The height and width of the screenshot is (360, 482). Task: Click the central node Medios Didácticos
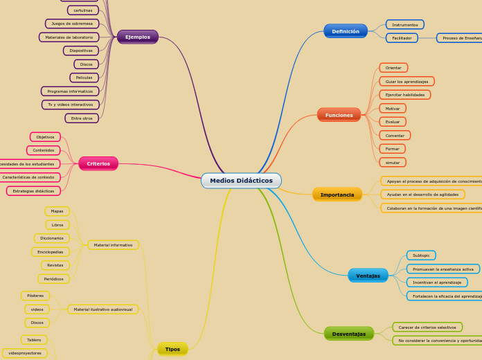(241, 181)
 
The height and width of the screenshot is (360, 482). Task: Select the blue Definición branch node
(345, 31)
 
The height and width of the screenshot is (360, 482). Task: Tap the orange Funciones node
(339, 115)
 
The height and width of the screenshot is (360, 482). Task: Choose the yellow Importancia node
(337, 195)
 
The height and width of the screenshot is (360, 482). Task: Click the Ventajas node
(368, 276)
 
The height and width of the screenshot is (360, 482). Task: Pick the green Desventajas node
(348, 334)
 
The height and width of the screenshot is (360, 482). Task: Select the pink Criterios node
(98, 163)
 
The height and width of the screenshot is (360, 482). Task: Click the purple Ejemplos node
(137, 37)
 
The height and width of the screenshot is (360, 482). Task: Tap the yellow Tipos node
(172, 349)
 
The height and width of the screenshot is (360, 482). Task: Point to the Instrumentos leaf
(404, 25)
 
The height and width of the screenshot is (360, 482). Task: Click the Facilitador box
(402, 38)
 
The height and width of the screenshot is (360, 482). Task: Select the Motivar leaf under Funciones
(393, 109)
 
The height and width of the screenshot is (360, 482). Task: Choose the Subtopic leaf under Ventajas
(421, 255)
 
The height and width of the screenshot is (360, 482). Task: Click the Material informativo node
(113, 245)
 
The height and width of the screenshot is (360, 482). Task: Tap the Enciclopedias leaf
(51, 252)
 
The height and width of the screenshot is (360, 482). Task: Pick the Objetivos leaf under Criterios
(45, 137)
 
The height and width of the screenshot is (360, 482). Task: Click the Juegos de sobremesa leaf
(72, 24)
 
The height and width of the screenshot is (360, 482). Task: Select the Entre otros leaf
(82, 118)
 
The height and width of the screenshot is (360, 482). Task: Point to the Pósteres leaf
(35, 296)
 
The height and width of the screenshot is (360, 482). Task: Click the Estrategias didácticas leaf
(33, 191)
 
